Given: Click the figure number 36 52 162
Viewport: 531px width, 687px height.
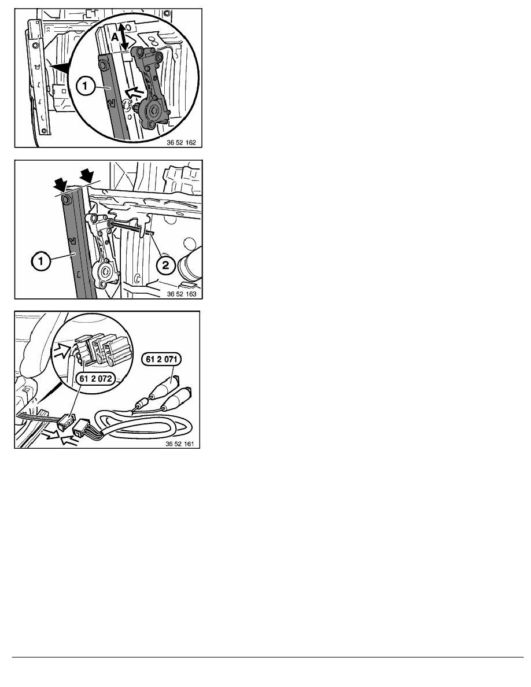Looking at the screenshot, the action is [181, 142].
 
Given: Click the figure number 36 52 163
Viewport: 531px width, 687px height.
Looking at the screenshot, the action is [182, 294].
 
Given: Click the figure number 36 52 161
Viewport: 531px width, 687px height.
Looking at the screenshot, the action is [180, 444].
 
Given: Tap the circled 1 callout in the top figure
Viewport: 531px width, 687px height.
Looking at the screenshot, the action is [85, 86].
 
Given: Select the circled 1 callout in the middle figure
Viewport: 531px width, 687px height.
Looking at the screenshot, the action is [40, 262].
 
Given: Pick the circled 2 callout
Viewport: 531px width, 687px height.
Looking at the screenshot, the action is [165, 265].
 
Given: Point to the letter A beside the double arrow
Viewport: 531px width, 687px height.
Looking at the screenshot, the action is [115, 38].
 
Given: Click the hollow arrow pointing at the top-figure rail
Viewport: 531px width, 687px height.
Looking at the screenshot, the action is [135, 93].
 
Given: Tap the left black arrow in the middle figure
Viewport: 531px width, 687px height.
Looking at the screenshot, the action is [61, 185].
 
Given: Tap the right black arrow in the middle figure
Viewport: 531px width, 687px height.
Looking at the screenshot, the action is [87, 176].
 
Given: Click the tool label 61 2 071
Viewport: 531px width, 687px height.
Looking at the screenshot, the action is [161, 359].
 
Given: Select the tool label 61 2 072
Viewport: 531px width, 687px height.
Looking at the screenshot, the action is [96, 379].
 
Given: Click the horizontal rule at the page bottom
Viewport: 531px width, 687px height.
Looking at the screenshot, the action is [268, 657].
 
